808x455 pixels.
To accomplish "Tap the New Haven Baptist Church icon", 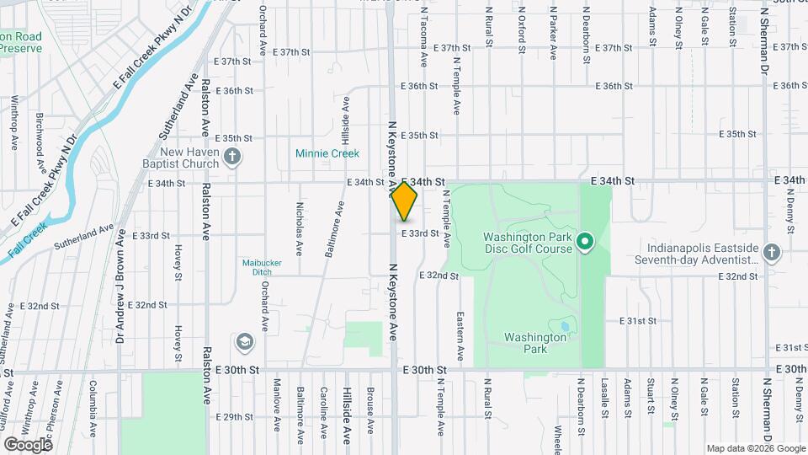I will click(x=233, y=155).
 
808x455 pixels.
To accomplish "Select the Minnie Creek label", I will click(x=327, y=153).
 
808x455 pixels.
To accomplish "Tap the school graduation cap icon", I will click(x=244, y=341).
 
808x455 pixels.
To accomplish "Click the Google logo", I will click(x=28, y=444).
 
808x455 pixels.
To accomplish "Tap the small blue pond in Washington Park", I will click(x=562, y=325).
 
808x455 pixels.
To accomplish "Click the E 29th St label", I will click(x=234, y=417).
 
